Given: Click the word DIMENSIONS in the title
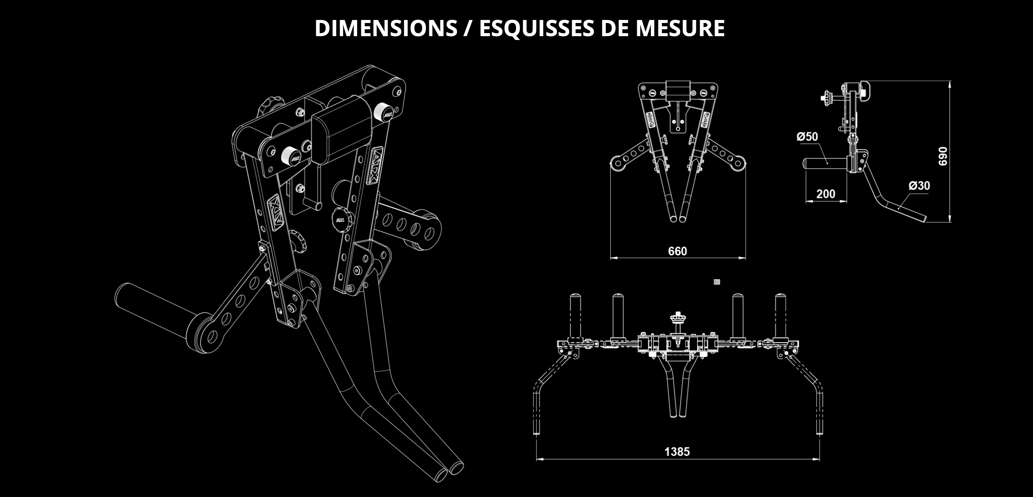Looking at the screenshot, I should (386, 28).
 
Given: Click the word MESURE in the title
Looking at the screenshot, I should (680, 28).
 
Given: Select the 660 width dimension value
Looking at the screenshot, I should (677, 251).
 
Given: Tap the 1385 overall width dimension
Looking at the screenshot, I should (677, 451).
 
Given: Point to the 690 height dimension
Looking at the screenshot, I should (942, 156).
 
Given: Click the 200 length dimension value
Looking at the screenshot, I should (826, 194).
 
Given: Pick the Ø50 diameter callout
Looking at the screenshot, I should (807, 137).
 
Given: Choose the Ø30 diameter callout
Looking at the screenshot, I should (919, 186).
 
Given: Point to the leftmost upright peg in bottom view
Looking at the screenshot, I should (575, 316).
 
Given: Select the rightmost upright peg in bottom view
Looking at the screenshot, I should (780, 316).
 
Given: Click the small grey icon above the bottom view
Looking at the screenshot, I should (717, 282).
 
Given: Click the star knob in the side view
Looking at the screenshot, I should (827, 97).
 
